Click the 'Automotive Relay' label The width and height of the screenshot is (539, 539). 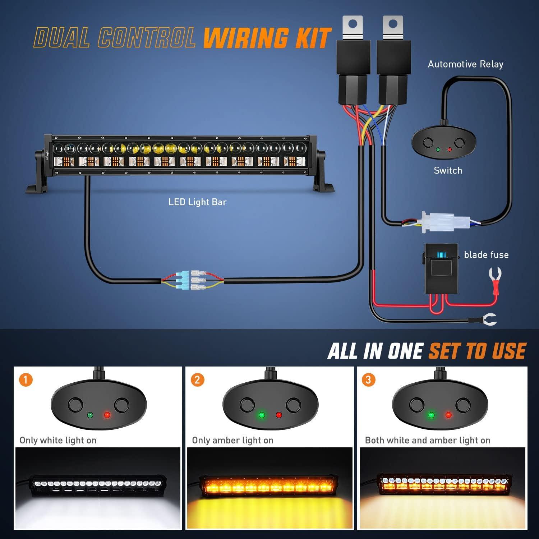click(465, 64)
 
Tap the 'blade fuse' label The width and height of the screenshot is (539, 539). click(486, 255)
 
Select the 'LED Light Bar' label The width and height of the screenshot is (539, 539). click(198, 202)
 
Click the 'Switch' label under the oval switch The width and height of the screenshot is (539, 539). click(448, 170)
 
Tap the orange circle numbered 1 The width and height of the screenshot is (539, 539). click(26, 380)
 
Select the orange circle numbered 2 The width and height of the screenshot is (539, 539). click(197, 380)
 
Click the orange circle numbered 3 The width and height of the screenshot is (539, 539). click(368, 380)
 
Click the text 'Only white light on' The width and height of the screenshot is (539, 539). click(58, 440)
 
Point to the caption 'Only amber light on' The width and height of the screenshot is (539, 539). click(232, 440)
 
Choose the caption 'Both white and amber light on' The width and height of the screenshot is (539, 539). click(428, 440)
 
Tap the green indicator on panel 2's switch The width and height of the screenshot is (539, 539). click(262, 415)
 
